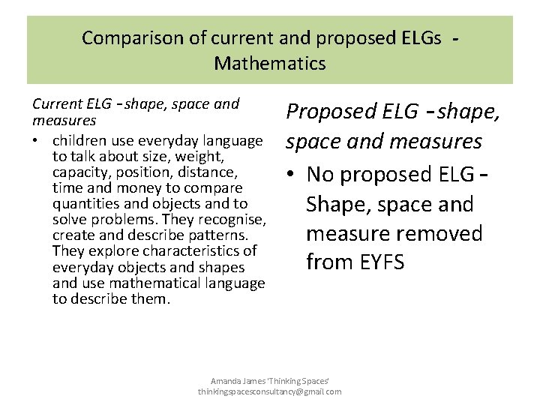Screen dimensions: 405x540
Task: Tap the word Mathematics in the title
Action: point(270,63)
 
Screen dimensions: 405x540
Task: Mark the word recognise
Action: point(232,220)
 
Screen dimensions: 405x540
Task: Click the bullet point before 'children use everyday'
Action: point(37,141)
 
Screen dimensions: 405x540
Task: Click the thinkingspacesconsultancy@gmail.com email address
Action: point(270,391)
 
